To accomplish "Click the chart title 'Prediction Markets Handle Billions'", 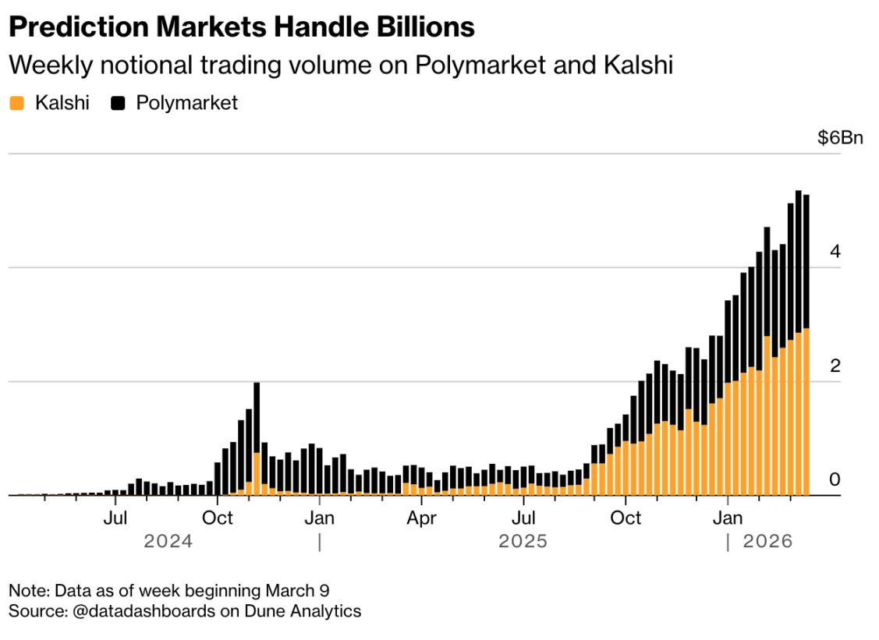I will (241, 28).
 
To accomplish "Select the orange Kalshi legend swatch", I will (17, 103).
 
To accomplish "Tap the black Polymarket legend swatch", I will (119, 103).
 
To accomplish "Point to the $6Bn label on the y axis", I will (840, 138).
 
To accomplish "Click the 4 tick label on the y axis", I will (835, 252).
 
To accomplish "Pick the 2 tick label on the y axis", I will (835, 366).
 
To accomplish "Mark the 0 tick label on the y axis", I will (835, 479).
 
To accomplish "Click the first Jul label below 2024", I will (115, 518).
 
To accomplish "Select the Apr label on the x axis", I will (422, 518).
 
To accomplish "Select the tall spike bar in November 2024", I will (257, 437).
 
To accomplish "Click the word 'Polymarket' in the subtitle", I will (479, 65).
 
